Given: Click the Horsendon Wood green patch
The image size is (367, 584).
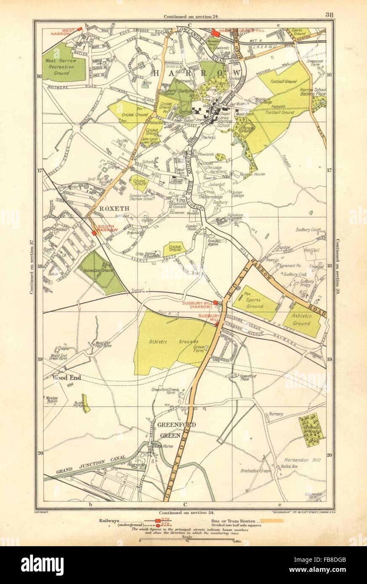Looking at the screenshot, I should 312,429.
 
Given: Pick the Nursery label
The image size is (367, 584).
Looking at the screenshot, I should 277,414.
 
